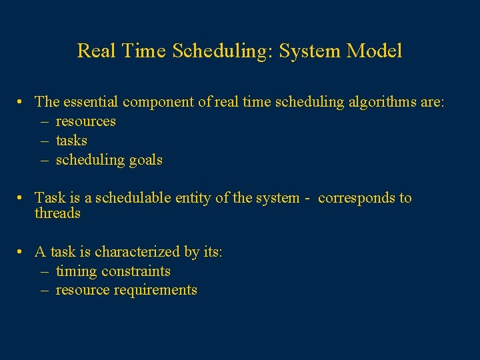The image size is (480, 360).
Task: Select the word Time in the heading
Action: point(145,51)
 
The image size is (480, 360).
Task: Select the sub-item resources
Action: point(85,121)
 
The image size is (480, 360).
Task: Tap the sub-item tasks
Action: point(71,141)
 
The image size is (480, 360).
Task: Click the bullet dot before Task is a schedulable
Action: point(22,198)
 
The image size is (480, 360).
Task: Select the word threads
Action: point(57,213)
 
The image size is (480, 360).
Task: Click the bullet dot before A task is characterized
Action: point(22,252)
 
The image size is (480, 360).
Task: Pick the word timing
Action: point(76,271)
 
